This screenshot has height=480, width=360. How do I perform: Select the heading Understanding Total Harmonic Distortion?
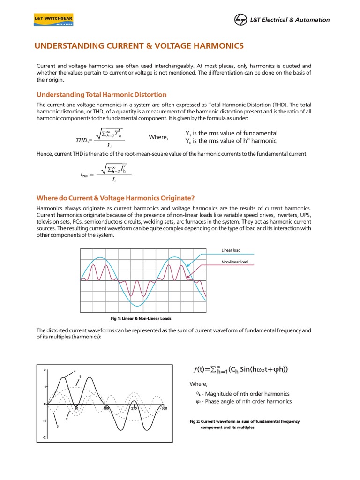coord(101,94)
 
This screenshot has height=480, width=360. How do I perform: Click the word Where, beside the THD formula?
coord(158,137)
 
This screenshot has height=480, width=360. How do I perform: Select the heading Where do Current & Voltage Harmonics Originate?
coord(115,198)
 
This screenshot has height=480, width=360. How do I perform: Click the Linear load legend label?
coord(231,250)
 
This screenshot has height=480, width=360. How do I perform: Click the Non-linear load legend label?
coord(234,262)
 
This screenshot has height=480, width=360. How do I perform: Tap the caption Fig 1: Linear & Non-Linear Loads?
coord(141,318)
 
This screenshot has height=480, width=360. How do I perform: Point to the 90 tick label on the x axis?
coord(75,409)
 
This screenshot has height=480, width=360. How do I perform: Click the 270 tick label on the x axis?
coord(134,409)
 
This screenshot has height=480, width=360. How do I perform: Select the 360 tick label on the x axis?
coord(164,409)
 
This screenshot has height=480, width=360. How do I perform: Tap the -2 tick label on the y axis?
coord(44,438)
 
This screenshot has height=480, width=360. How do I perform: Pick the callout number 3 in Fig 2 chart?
coord(57,427)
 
